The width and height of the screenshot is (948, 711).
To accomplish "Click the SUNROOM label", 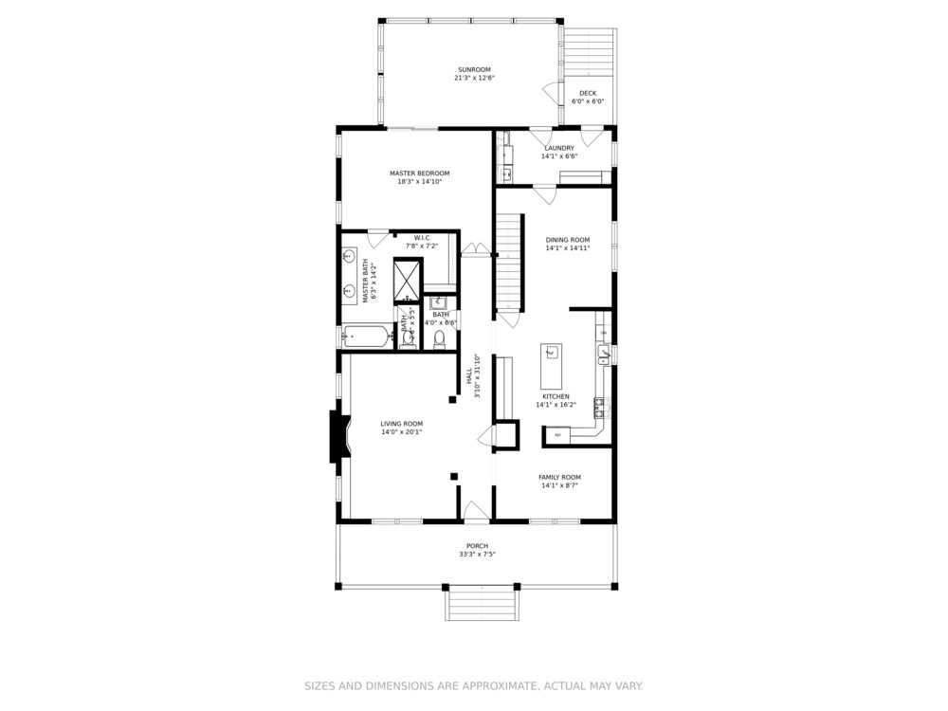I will pos(473,69).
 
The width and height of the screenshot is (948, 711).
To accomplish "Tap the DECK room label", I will pos(588,93).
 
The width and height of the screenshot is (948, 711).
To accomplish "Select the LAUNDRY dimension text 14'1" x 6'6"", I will pos(559,156).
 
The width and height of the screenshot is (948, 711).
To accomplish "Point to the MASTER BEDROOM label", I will pos(419,173).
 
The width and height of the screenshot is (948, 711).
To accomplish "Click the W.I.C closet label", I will pos(422,237).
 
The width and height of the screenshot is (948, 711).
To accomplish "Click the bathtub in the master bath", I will pos(366,335).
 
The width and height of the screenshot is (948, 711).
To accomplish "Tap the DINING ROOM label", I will pos(568,240).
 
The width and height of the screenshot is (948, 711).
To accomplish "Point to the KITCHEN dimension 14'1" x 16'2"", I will pos(556,405).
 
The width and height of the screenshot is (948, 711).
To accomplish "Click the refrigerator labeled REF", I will pos(558,435).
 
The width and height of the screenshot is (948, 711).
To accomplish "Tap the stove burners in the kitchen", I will pos(600,409).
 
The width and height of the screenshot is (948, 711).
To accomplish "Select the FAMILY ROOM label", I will pos(559,477).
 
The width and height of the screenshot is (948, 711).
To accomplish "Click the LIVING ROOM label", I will pos(401,424).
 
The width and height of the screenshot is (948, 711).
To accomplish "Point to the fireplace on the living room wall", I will pos(337,436).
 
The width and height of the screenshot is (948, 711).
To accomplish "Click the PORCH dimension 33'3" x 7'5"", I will pos(476,555).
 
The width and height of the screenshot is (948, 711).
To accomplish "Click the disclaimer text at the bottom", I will pos(473,685).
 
